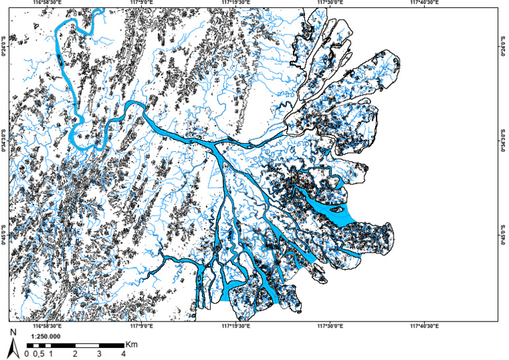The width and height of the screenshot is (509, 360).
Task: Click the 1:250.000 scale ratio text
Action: click(x=46, y=337)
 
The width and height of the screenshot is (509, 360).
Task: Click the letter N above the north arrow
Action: click(x=13, y=331)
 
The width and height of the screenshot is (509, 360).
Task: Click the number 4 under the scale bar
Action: click(x=123, y=354)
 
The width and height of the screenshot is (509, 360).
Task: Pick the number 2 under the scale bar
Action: click(x=75, y=354)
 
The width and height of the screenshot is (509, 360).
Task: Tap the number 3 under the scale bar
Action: click(x=99, y=354)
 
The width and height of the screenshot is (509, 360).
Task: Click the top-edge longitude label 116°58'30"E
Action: click(x=46, y=3)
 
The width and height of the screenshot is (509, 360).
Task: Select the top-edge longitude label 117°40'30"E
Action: click(x=427, y=3)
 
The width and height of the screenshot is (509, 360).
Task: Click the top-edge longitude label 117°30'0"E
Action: click(x=331, y=3)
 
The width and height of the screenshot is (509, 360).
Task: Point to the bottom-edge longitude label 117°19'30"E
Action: click(x=235, y=326)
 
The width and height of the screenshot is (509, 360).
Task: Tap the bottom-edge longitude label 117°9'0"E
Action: click(x=141, y=326)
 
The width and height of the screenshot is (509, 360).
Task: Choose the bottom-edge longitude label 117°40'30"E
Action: click(x=427, y=326)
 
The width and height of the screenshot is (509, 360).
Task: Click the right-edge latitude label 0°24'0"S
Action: click(x=504, y=46)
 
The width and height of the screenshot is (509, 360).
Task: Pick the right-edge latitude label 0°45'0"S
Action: click(x=504, y=237)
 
